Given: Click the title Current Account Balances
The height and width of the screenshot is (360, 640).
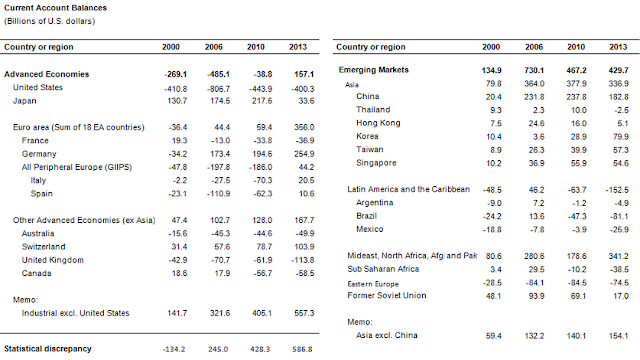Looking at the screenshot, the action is point(56,8).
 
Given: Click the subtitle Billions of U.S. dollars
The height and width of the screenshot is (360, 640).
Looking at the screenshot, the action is point(49,21).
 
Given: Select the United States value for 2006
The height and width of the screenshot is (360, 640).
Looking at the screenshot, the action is point(218,89).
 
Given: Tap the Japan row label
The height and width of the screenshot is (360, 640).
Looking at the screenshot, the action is point(24,101).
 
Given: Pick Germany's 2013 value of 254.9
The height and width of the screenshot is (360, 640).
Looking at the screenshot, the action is point(304,154).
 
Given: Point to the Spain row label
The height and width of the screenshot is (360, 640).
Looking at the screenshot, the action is point(42,194).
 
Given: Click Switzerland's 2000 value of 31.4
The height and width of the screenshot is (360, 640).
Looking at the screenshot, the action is point(179,247).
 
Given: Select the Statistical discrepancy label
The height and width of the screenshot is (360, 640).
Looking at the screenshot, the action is point(48,349).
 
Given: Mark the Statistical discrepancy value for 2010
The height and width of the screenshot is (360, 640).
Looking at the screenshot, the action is point(260,349).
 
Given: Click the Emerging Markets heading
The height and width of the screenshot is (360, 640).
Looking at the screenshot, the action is point(373,70).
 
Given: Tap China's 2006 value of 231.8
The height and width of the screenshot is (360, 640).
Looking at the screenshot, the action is point(534,97).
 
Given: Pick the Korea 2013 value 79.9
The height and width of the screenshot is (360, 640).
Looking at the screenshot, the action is point(620,137).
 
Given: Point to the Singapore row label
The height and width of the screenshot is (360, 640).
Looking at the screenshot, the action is point(376,163).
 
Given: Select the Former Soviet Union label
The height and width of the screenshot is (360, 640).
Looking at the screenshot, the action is point(387,296).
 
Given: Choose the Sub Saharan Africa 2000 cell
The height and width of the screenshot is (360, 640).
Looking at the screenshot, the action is point(496,269).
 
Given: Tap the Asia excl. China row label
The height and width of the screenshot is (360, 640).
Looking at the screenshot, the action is point(387,336).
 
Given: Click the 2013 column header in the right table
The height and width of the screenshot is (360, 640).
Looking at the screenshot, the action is point(618,47).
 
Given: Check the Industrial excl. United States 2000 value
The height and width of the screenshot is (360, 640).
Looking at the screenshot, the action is point(177,313).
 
